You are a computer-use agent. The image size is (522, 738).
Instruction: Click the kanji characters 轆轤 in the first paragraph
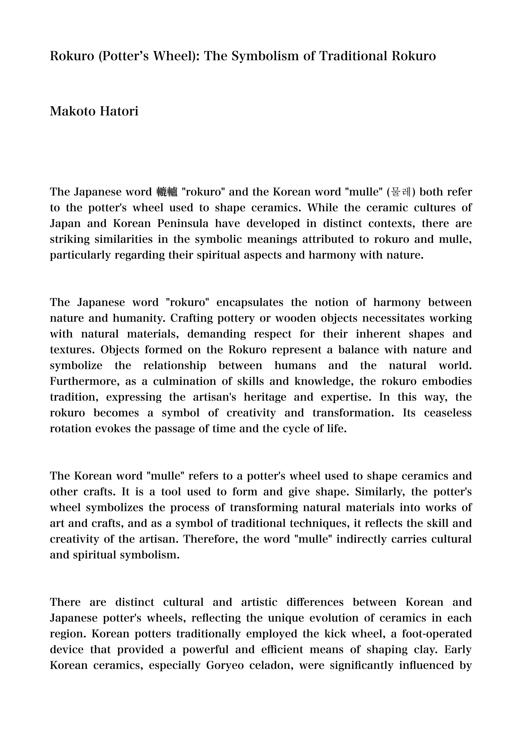coord(167,192)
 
